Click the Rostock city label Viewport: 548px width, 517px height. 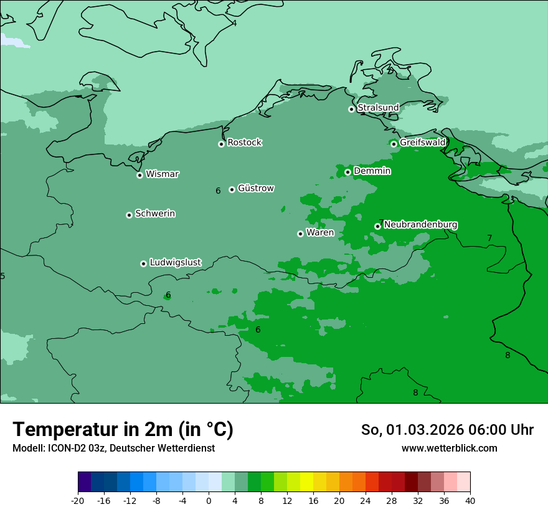coord(244,143)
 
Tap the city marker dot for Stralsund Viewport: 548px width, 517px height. coord(351,109)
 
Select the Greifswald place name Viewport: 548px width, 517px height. coord(422,143)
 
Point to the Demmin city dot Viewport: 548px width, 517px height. coord(347,172)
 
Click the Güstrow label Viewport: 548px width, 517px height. coord(255,188)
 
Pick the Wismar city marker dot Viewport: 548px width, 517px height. coord(139,175)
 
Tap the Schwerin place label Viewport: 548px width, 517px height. coord(155,214)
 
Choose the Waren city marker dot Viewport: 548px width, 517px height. coord(300,234)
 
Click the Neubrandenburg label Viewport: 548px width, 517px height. coord(420,224)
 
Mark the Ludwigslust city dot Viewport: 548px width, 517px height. coord(143,263)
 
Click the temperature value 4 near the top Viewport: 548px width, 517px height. coord(234,23)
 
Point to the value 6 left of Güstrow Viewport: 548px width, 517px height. coord(218,191)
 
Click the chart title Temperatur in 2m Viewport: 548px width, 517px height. coord(123,429)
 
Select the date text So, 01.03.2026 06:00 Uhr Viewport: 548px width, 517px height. coord(447,430)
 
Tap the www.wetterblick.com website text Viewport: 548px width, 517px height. coord(449,448)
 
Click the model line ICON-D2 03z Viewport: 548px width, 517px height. coord(113,448)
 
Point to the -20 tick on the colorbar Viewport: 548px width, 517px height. coord(78,501)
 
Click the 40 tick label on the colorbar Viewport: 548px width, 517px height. coord(470,501)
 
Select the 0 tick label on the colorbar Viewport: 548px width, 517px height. coord(209,501)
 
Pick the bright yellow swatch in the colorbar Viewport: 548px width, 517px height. coord(306,482)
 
